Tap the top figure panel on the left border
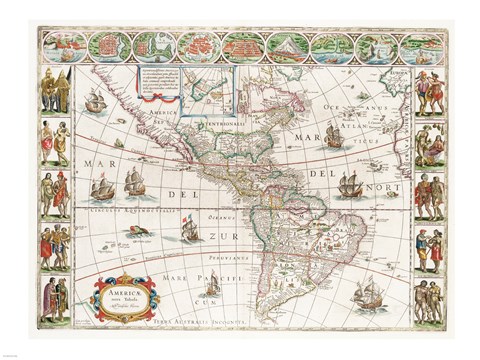pos(52,93)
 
